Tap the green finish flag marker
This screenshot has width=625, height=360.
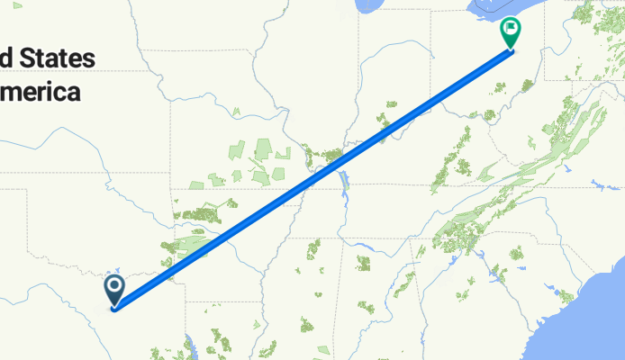(x=512, y=33)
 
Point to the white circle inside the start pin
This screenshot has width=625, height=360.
(x=115, y=286)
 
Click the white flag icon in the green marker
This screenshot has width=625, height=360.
(x=512, y=30)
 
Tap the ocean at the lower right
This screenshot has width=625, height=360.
(x=594, y=315)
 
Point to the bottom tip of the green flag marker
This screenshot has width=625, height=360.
(x=512, y=49)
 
